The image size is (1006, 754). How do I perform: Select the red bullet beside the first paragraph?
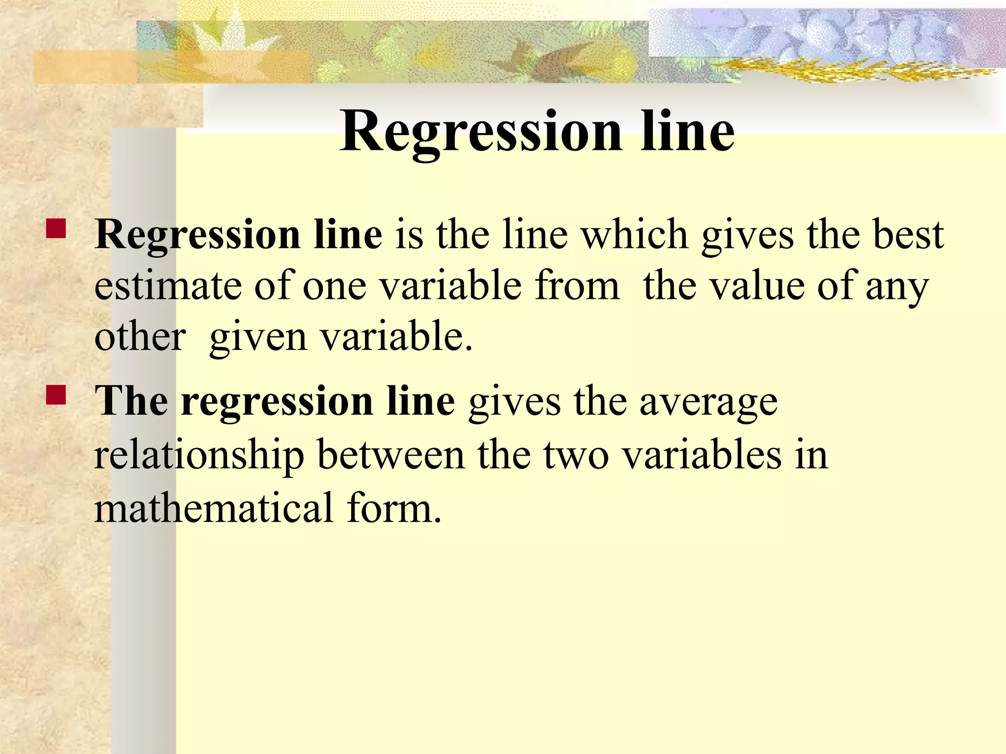[x=56, y=229]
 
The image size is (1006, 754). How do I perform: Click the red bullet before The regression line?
[x=56, y=395]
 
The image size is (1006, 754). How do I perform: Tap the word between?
[x=391, y=455]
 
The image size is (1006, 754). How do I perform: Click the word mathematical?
[x=214, y=508]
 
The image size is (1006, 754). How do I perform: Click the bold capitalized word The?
[x=132, y=402]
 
